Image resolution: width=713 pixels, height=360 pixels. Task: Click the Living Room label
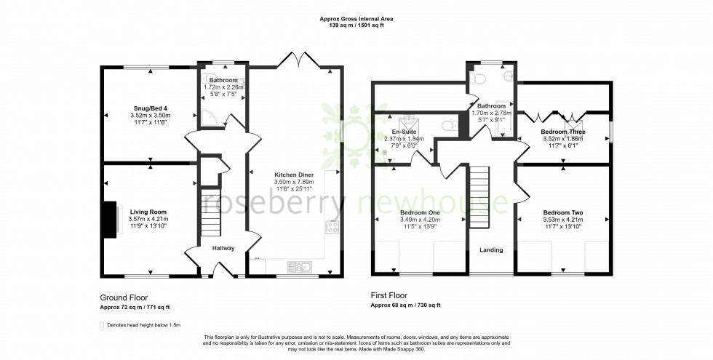point(148,211)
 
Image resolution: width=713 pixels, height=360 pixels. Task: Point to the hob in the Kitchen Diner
point(332,227)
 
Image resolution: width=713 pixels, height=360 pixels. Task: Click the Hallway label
point(223,249)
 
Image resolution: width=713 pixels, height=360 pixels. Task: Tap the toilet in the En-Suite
point(450,125)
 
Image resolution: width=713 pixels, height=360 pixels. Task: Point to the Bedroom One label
point(421,212)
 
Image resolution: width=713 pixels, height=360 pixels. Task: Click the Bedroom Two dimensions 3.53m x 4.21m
point(563,220)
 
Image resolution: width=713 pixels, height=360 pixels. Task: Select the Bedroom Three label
point(563,132)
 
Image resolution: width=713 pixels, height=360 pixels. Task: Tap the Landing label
point(491,250)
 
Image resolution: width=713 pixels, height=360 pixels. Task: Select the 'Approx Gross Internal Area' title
point(356,18)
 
